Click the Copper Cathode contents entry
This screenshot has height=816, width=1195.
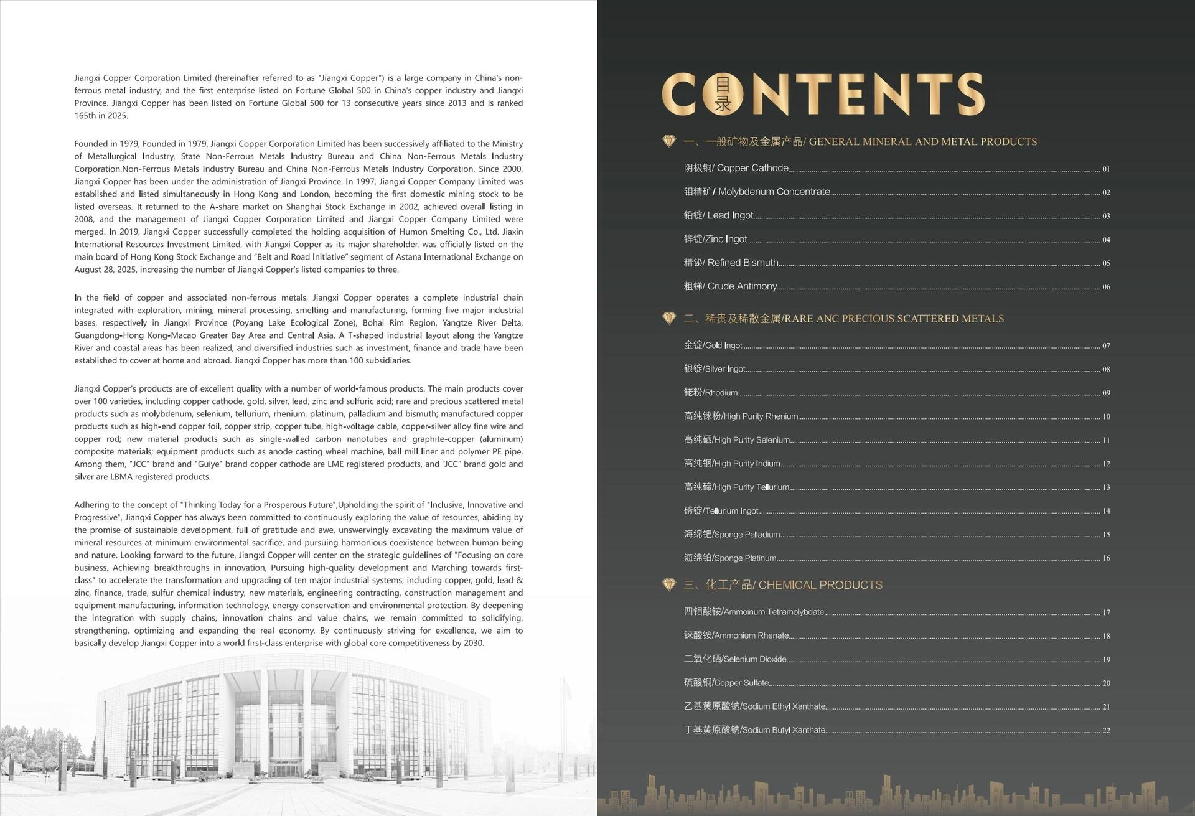pyautogui.click(x=736, y=168)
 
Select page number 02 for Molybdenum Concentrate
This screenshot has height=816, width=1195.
pyautogui.click(x=1106, y=193)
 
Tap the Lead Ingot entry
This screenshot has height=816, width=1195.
pyautogui.click(x=718, y=215)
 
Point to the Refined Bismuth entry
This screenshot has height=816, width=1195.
pyautogui.click(x=731, y=263)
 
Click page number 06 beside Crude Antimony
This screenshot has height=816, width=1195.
pyautogui.click(x=1106, y=288)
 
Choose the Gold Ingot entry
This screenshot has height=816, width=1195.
pyautogui.click(x=713, y=345)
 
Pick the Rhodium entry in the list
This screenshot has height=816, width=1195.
pyautogui.click(x=710, y=393)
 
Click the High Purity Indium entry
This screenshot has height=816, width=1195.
pyautogui.click(x=731, y=464)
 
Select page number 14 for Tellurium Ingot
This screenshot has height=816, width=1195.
pyautogui.click(x=1106, y=511)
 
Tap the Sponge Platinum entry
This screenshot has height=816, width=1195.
pyautogui.click(x=729, y=558)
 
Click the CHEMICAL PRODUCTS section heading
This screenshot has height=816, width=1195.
pyautogui.click(x=782, y=585)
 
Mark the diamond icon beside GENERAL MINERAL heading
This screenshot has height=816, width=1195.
pyautogui.click(x=669, y=141)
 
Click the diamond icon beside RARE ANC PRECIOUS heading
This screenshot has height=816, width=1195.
pyautogui.click(x=669, y=318)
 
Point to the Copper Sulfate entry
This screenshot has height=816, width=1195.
pyautogui.click(x=726, y=683)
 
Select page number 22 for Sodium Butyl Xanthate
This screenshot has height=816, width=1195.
pyautogui.click(x=1106, y=731)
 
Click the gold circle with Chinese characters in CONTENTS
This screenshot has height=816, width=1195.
pyautogui.click(x=723, y=95)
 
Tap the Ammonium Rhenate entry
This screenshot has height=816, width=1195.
pyautogui.click(x=736, y=635)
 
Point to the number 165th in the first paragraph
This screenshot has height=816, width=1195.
pyautogui.click(x=85, y=116)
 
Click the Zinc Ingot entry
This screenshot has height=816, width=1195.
pyautogui.click(x=715, y=239)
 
